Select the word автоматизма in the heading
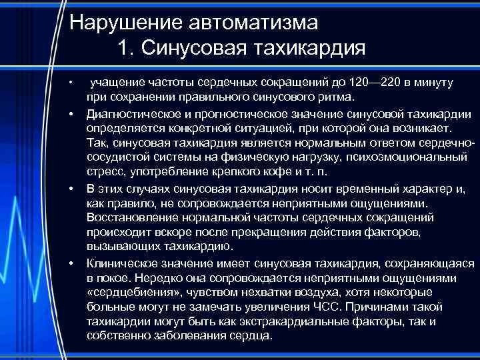pos(253,23)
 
